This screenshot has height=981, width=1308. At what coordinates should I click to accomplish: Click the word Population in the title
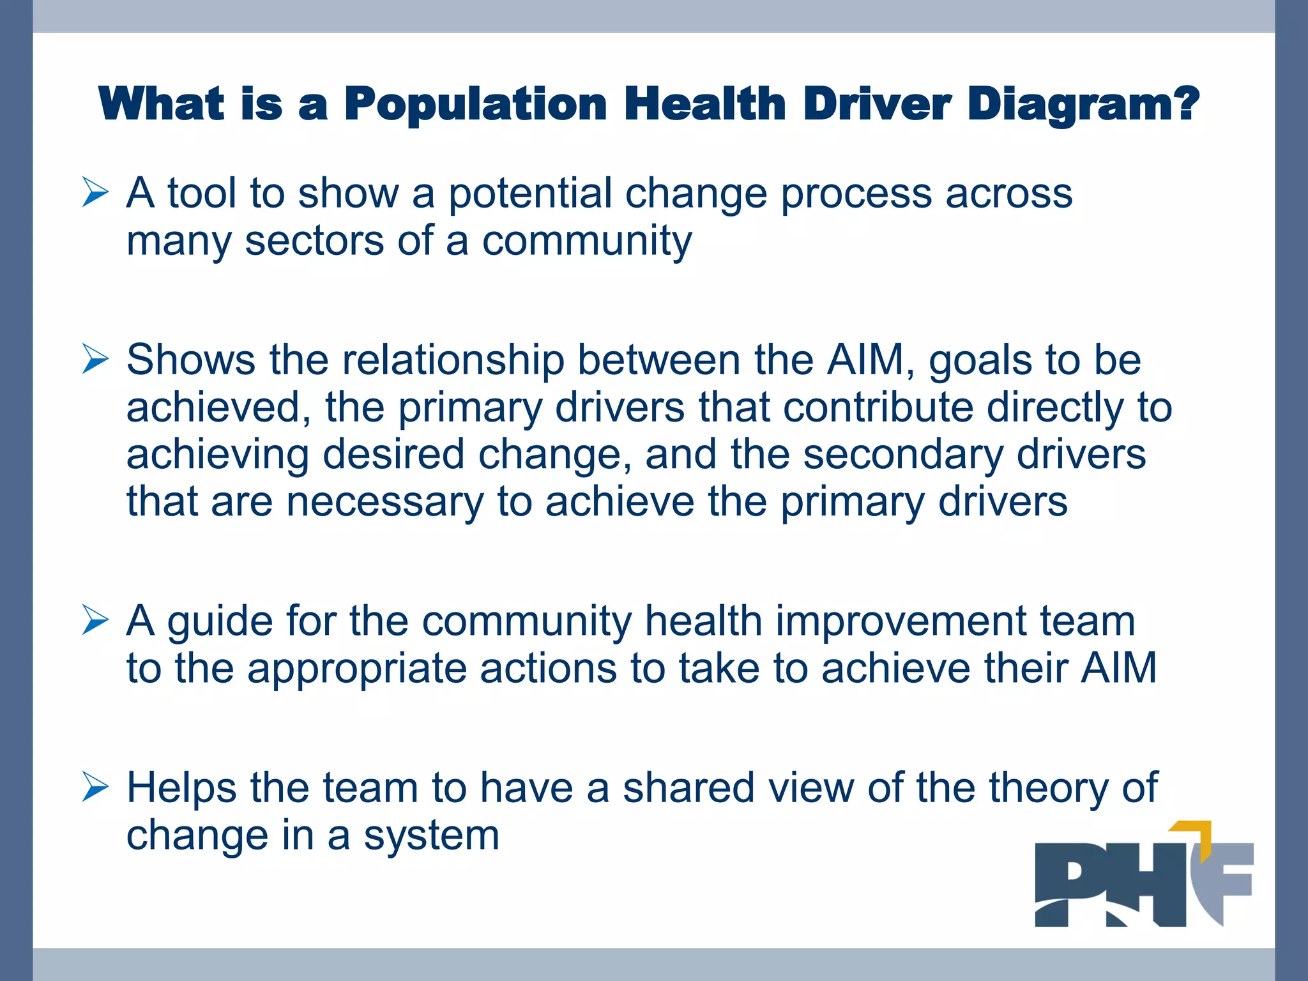coord(476,104)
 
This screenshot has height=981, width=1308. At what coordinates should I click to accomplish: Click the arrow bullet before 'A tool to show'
coord(95,193)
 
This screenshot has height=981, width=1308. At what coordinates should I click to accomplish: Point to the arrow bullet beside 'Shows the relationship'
coord(95,359)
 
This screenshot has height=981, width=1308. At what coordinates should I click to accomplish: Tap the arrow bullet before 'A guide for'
coord(95,620)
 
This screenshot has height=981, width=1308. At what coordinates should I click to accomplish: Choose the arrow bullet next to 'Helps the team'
coord(95,787)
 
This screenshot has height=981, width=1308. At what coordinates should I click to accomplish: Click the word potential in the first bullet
coord(529,193)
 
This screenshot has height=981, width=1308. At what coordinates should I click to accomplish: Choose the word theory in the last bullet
coord(1047,787)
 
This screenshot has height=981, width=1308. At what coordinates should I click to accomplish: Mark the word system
coord(431,835)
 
